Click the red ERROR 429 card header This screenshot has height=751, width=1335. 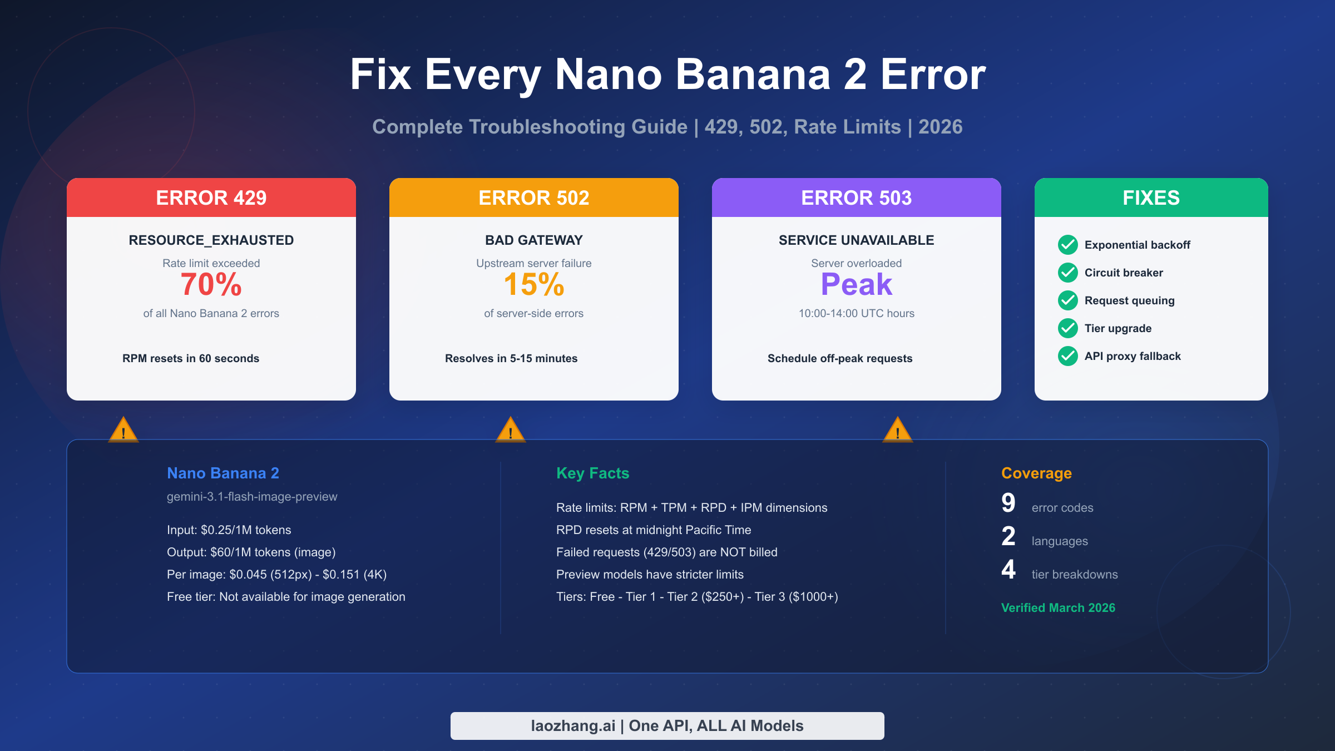pos(211,198)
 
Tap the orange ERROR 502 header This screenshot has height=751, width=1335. pos(534,198)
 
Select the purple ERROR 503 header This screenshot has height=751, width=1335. pos(857,198)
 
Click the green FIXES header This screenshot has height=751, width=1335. pos(1151,198)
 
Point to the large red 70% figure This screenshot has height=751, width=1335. pos(211,285)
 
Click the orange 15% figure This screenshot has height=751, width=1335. pos(534,285)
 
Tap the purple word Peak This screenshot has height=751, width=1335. pos(857,285)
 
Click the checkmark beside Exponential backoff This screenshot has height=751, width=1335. pos(1068,245)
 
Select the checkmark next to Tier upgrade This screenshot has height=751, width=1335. pos(1068,328)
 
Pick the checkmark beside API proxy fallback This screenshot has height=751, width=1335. pos(1068,356)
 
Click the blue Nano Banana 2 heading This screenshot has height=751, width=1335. pos(223,473)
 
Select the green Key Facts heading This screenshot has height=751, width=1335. pos(593,473)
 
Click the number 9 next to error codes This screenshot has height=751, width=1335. pos(1008,503)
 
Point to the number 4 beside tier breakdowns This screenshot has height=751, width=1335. pos(1008,570)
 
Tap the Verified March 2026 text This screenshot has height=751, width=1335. pos(1058,608)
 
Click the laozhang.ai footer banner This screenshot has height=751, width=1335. pos(667,726)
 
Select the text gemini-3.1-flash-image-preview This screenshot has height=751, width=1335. pos(252,497)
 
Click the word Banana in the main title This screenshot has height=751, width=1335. pos(753,75)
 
